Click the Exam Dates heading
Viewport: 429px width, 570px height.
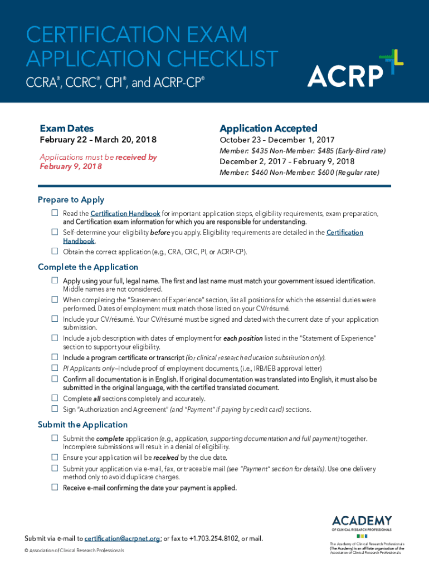[66, 129]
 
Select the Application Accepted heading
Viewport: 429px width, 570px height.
[268, 129]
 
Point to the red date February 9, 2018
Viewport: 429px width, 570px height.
[70, 166]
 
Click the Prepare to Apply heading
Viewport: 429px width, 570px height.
[71, 200]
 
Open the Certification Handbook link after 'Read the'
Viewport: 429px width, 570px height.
[125, 214]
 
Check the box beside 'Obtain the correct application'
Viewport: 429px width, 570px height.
[55, 251]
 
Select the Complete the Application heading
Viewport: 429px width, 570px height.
[87, 267]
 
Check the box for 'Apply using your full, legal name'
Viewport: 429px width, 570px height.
[55, 281]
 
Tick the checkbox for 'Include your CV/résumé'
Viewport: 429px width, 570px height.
[55, 320]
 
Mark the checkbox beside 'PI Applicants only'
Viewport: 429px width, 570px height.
[55, 368]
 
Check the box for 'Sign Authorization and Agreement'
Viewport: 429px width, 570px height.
[55, 409]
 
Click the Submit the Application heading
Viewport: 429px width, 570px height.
[82, 425]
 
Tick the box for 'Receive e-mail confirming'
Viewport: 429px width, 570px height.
[55, 488]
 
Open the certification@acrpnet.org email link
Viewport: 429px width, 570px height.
[123, 538]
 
